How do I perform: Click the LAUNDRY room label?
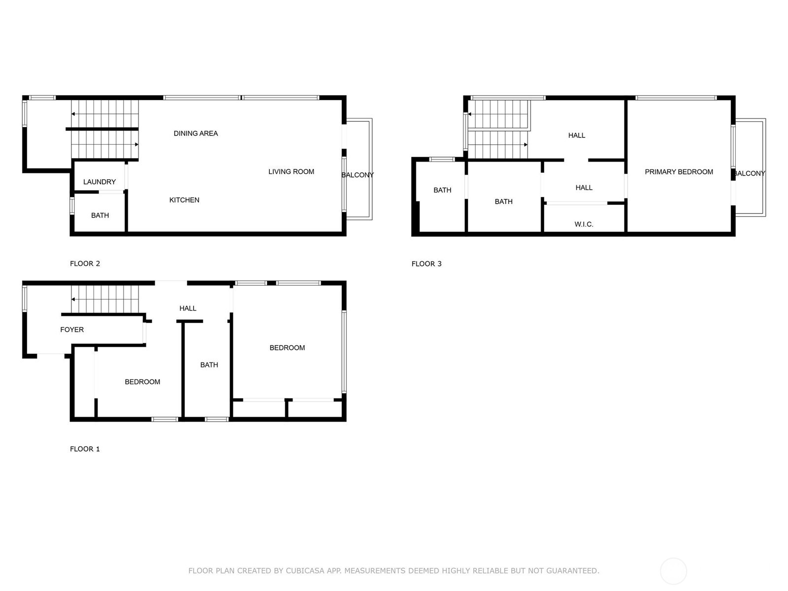tap(99, 182)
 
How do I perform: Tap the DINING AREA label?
tap(196, 133)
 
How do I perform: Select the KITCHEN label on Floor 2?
tap(184, 200)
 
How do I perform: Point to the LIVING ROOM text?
tap(291, 171)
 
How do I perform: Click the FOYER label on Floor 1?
tap(72, 329)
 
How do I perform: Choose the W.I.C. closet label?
tap(584, 224)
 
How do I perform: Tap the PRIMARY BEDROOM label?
tap(679, 172)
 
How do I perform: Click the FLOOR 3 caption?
tap(427, 263)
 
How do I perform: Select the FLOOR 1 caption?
tap(85, 449)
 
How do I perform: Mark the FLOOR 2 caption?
tap(85, 263)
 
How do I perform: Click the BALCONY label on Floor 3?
tap(750, 173)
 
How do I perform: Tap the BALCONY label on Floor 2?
tap(358, 175)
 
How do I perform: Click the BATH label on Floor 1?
tap(209, 365)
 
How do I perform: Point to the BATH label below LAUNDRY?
tap(100, 215)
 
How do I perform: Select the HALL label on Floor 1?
tap(188, 308)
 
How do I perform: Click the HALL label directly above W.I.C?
tap(584, 188)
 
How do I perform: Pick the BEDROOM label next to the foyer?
tap(142, 382)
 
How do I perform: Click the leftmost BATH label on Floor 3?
tap(442, 190)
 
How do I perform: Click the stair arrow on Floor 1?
tap(73, 299)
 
